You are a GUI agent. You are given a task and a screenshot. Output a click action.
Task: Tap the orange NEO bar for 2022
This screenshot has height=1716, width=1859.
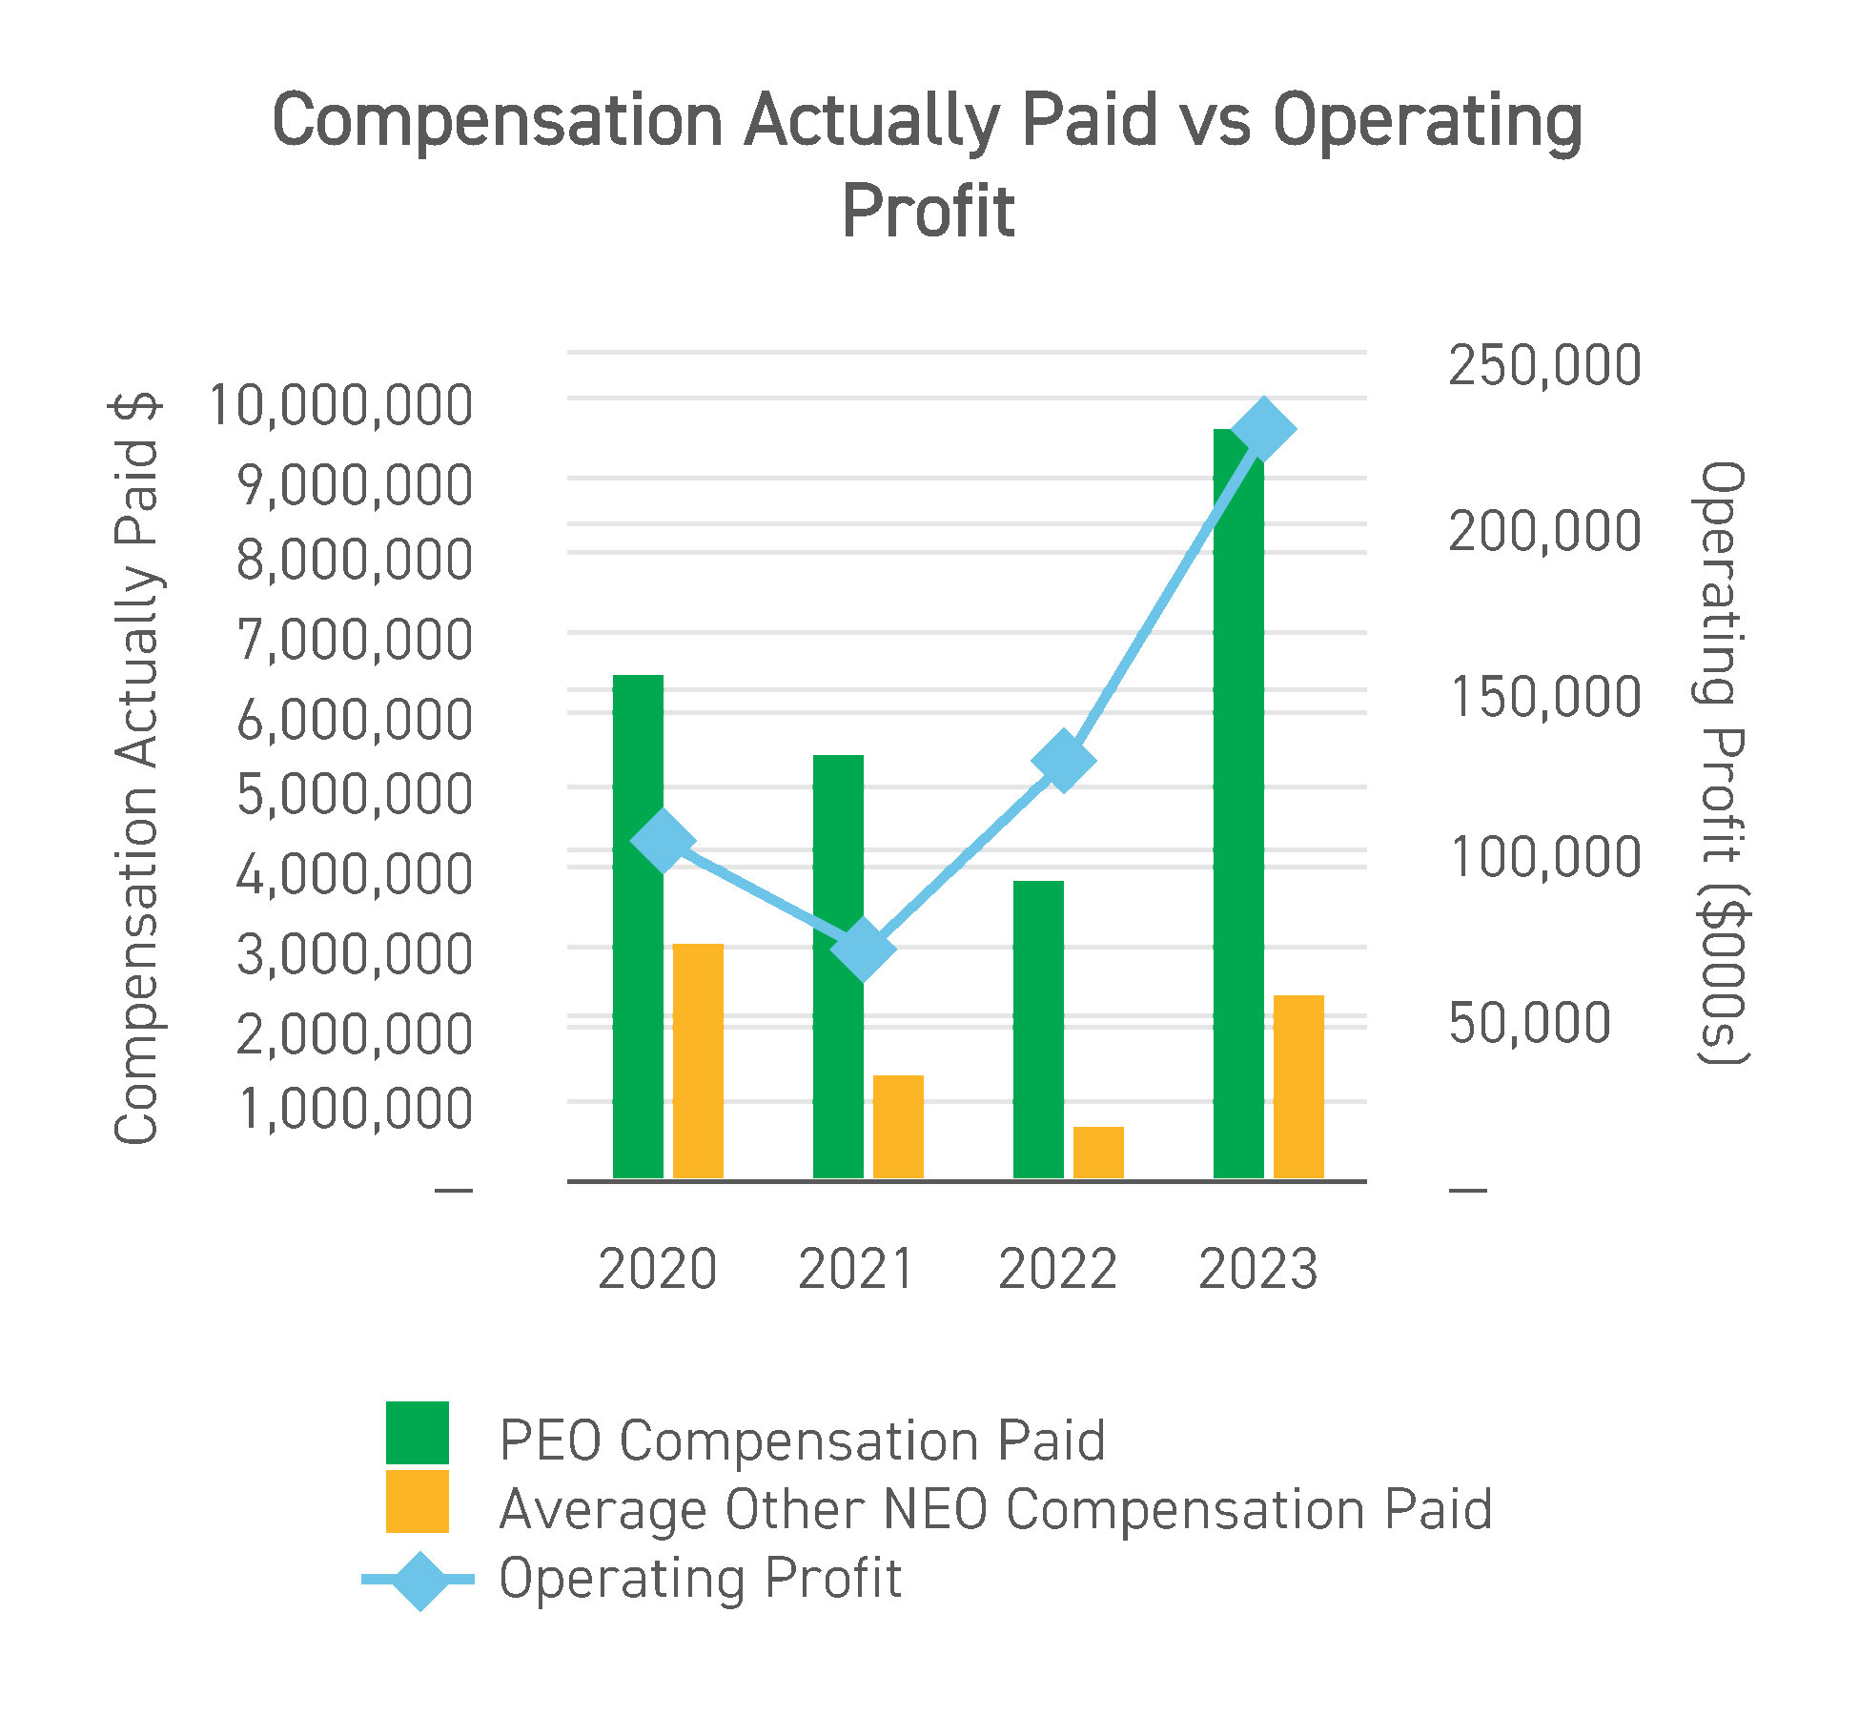click(x=1098, y=1153)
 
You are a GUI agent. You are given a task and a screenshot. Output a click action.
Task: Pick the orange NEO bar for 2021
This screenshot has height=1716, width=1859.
click(x=898, y=1127)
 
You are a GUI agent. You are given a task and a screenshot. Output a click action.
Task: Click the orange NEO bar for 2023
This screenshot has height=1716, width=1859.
click(x=1298, y=1087)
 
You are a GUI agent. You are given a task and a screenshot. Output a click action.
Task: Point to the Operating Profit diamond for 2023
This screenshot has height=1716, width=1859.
click(x=1263, y=429)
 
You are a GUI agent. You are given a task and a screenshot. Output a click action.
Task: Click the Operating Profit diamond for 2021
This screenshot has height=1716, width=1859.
click(x=863, y=949)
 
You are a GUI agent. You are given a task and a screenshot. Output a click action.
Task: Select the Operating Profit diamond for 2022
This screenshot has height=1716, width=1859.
click(x=1063, y=761)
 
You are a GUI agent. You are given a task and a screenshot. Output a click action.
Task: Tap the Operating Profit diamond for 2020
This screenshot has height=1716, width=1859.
click(x=663, y=841)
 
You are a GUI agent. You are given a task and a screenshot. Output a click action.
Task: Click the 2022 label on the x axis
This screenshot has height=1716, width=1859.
click(x=1057, y=1270)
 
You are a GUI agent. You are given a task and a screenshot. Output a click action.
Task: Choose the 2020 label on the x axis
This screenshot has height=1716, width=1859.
click(x=657, y=1270)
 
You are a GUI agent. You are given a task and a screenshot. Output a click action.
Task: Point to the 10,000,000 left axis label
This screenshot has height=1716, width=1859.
click(x=340, y=406)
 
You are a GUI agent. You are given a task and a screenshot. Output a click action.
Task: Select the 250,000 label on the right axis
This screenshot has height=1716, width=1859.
click(x=1544, y=365)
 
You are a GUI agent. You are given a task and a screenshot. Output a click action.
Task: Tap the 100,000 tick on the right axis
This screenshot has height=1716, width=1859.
click(x=1544, y=857)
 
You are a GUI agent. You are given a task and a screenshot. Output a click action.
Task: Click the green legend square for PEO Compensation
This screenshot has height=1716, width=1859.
click(x=417, y=1432)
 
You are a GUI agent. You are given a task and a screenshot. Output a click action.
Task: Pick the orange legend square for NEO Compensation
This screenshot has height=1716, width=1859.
click(x=417, y=1501)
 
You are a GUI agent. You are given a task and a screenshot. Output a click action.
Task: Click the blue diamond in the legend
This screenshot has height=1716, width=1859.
click(x=419, y=1581)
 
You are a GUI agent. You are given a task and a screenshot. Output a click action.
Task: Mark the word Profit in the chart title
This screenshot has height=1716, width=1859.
click(x=928, y=212)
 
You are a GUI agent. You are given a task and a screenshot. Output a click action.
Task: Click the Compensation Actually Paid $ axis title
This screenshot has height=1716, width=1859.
click(x=136, y=768)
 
